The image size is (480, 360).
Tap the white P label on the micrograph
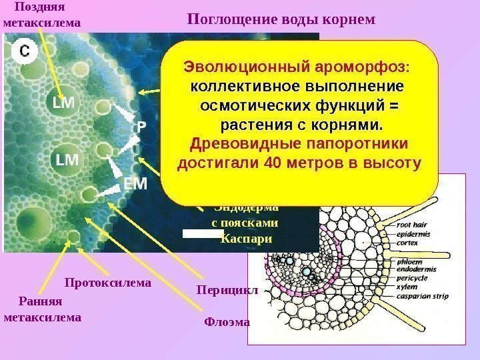142,126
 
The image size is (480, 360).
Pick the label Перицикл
221,291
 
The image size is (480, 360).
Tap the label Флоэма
226,323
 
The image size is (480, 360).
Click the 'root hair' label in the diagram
413,225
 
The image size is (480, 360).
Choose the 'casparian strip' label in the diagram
422,296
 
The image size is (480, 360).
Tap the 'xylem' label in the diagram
406,287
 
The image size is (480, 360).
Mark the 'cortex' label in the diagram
407,243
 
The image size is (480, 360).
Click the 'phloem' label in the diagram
409,262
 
